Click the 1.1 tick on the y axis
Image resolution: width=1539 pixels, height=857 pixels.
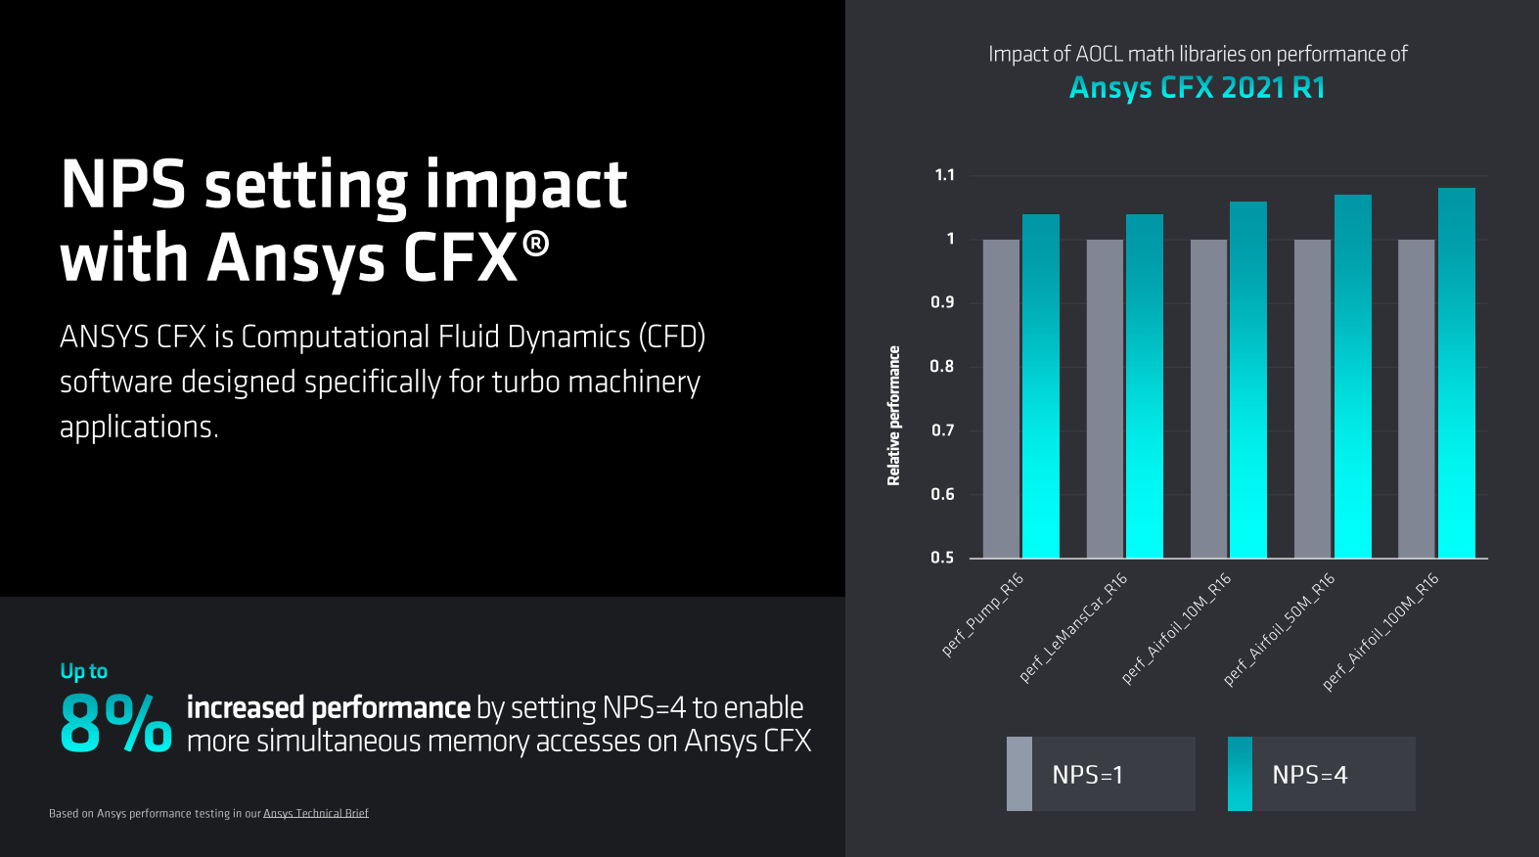[x=944, y=175]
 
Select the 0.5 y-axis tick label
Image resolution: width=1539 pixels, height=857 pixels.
[x=942, y=558]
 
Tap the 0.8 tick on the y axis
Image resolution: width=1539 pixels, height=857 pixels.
[x=942, y=367]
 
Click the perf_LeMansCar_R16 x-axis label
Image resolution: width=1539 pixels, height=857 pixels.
[x=1073, y=627]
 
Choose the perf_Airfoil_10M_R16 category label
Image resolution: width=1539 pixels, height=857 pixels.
[x=1176, y=628]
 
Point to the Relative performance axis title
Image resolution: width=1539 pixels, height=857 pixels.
[x=893, y=416]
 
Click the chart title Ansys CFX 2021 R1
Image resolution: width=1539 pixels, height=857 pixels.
[x=1197, y=88]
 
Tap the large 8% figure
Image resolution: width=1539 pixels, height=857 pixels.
[x=115, y=724]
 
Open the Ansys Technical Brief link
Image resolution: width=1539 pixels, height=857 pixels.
[x=315, y=813]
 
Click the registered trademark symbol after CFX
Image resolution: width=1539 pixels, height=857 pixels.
[x=535, y=245]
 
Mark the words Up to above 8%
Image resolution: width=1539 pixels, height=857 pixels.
[x=84, y=671]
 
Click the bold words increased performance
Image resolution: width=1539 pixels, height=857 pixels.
[x=329, y=707]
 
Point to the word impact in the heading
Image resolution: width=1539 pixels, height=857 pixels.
[x=526, y=186]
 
